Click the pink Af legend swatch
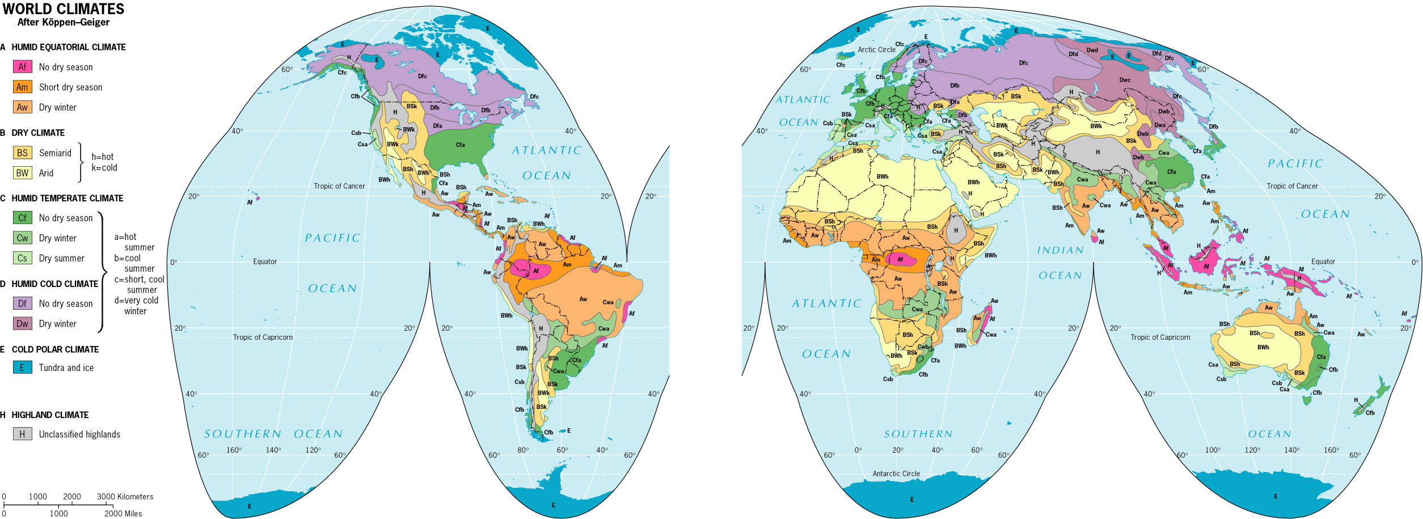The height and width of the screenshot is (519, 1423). (22, 67)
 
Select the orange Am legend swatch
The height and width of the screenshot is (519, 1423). (22, 87)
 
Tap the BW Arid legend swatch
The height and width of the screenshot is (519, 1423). (22, 173)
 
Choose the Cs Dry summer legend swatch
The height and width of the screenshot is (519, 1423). (22, 258)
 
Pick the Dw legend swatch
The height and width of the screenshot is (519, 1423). (22, 324)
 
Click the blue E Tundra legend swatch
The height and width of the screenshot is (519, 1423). (22, 368)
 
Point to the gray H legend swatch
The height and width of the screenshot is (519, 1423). (22, 434)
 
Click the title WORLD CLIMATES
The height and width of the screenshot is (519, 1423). (63, 9)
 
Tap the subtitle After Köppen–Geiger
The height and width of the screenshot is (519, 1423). (63, 22)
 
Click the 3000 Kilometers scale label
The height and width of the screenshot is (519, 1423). (125, 496)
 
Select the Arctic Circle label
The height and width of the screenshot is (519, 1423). (876, 49)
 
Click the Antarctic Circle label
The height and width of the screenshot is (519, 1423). (896, 474)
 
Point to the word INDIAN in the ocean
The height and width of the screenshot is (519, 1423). (1060, 250)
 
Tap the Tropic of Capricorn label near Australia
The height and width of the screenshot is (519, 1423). (1160, 337)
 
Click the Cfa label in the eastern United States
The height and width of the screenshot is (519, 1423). (460, 145)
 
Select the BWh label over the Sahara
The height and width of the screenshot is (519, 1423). (882, 176)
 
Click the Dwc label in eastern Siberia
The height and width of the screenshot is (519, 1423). (1125, 80)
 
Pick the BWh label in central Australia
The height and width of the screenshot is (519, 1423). (1263, 347)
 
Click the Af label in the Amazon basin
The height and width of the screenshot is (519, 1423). (535, 271)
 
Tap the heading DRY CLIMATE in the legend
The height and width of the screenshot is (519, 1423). (38, 133)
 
